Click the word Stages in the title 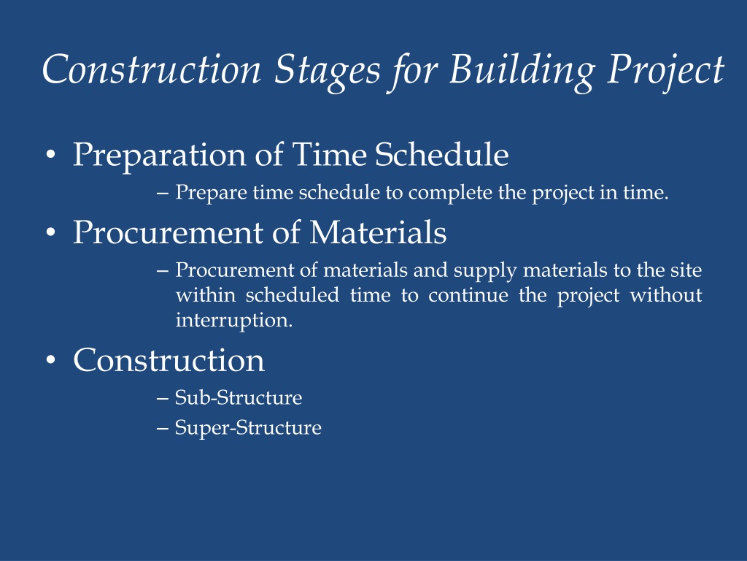coord(328,70)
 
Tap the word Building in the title coord(522,70)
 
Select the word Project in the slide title coord(666,70)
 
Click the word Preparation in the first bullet coord(159,156)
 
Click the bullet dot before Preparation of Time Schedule coord(50,155)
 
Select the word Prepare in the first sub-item coord(211,193)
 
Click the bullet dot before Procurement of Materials coord(50,233)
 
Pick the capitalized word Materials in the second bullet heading coord(379,232)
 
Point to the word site coord(686,270)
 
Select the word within coord(206,295)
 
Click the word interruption coord(234,320)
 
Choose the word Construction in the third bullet coord(169,360)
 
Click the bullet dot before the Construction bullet coord(50,360)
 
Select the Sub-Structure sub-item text coord(239,397)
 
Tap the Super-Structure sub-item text coord(248,428)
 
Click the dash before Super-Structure coord(163,428)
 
